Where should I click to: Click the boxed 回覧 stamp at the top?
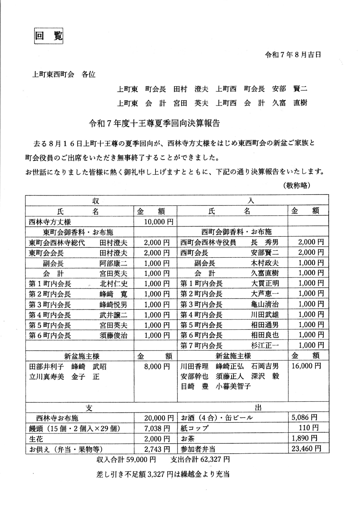(x=48, y=36)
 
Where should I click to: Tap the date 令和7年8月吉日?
(x=293, y=55)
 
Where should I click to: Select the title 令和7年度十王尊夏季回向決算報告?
(x=154, y=123)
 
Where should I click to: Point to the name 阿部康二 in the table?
(x=113, y=263)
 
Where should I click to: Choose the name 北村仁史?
(x=113, y=284)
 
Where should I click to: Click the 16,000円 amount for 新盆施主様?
(x=306, y=366)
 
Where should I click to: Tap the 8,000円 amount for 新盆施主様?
(x=157, y=366)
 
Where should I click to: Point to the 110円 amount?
(x=310, y=428)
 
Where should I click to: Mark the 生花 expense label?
(x=36, y=439)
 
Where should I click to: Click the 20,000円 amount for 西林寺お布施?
(x=159, y=418)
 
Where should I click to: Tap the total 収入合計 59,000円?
(x=126, y=460)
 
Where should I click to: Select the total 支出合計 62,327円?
(x=200, y=460)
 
